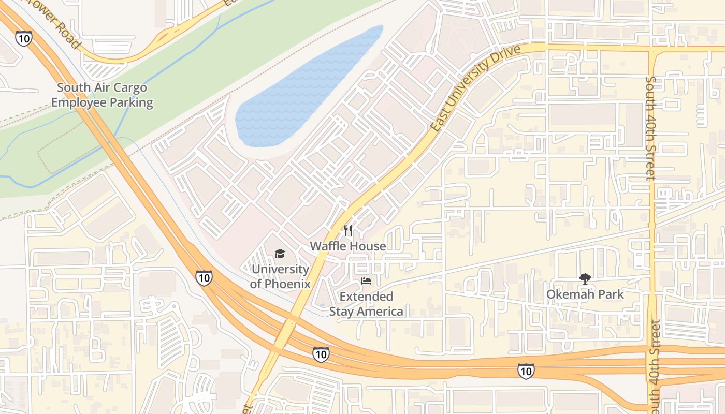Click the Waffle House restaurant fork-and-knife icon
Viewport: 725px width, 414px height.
coord(348,231)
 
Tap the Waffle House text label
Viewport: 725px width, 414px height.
coord(348,246)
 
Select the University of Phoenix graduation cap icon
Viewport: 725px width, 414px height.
coord(280,254)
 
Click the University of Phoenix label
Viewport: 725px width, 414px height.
coord(280,276)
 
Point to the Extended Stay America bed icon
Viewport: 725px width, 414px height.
coord(366,282)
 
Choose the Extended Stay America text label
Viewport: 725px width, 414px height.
coord(366,304)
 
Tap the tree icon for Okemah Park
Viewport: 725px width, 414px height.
coord(585,279)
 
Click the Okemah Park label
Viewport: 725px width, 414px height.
coord(585,294)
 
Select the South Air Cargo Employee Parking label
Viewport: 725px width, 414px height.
coord(102,95)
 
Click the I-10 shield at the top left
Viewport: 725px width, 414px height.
coord(23,38)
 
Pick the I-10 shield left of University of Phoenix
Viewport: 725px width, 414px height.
coord(204,278)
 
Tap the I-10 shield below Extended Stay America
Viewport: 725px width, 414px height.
coord(321,354)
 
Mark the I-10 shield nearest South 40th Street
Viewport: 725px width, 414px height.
coord(526,371)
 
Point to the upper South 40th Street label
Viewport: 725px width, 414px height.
coord(651,128)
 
